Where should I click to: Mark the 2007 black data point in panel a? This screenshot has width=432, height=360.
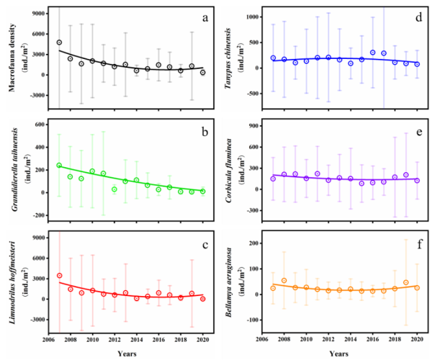[59, 42]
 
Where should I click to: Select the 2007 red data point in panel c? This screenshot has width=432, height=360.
[59, 276]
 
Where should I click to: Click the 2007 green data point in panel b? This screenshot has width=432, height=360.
[59, 166]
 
